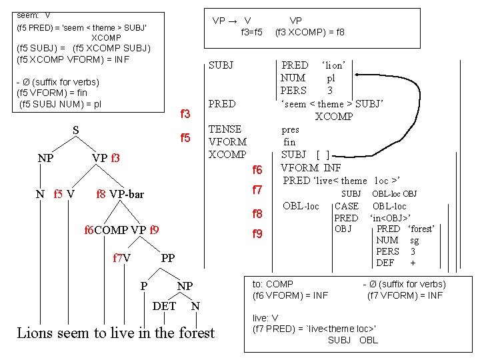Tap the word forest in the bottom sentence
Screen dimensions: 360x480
coord(197,333)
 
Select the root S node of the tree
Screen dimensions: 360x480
coord(75,131)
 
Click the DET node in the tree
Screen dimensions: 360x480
coord(165,306)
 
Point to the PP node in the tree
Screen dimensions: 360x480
coord(168,258)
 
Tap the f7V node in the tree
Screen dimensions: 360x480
coord(121,258)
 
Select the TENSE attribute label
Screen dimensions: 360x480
coord(225,129)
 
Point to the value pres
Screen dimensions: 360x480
coord(290,129)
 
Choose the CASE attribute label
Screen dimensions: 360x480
coord(346,206)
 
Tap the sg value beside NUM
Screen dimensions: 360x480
coord(414,240)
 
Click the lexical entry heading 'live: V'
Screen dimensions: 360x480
coord(265,317)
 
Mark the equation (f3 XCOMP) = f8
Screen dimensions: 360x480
coord(310,31)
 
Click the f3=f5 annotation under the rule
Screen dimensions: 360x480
coord(251,31)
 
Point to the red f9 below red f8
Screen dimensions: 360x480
coord(257,234)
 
